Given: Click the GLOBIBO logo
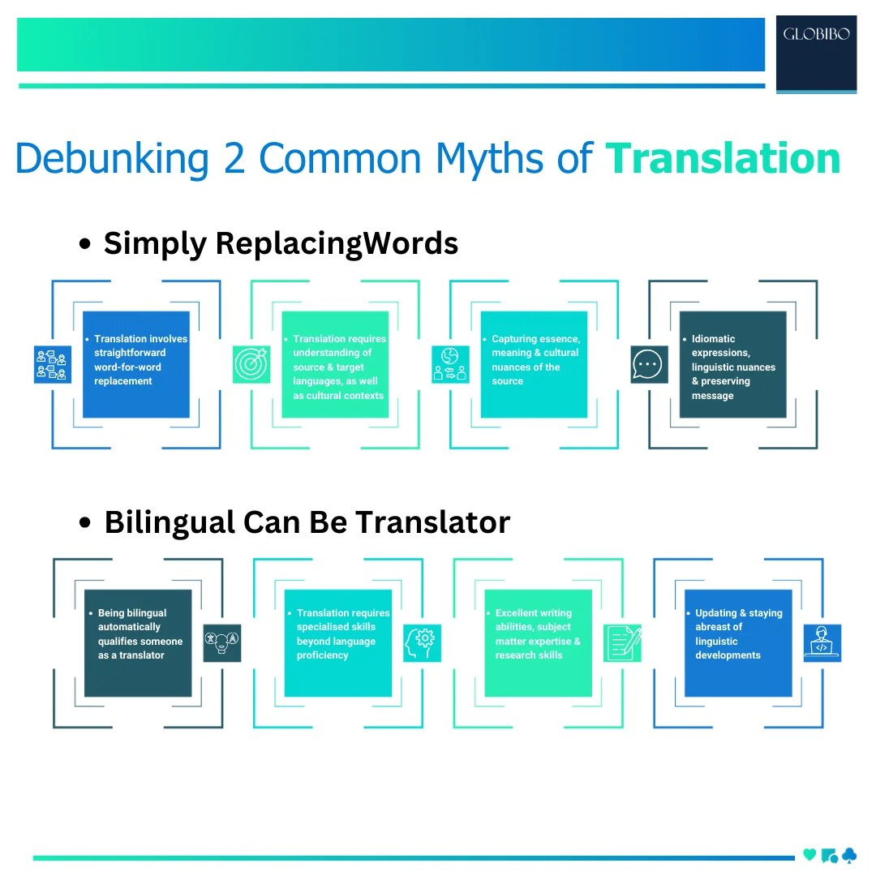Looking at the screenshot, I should point(816,35).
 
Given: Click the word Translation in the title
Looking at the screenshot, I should point(723,157).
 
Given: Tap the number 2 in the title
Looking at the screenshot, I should point(234,157).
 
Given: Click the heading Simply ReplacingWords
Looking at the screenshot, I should point(281,243).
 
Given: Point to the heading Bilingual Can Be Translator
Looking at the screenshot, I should point(307,522).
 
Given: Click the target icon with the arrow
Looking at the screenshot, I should point(251,365).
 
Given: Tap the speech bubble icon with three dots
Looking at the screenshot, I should point(649,365).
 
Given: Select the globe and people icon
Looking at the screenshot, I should point(450,365).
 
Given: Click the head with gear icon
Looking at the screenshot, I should point(422,642).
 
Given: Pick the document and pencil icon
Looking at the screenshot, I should point(622,642).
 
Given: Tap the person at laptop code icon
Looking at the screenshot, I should point(822,642).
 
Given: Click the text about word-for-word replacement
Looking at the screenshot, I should point(140,360).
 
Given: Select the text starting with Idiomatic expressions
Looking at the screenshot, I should point(733,367).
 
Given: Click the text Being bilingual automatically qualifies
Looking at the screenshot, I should point(140,634).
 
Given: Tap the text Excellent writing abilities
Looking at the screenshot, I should point(538,634).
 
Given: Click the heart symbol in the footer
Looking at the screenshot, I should point(809,855).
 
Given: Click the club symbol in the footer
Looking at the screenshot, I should point(848,855).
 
